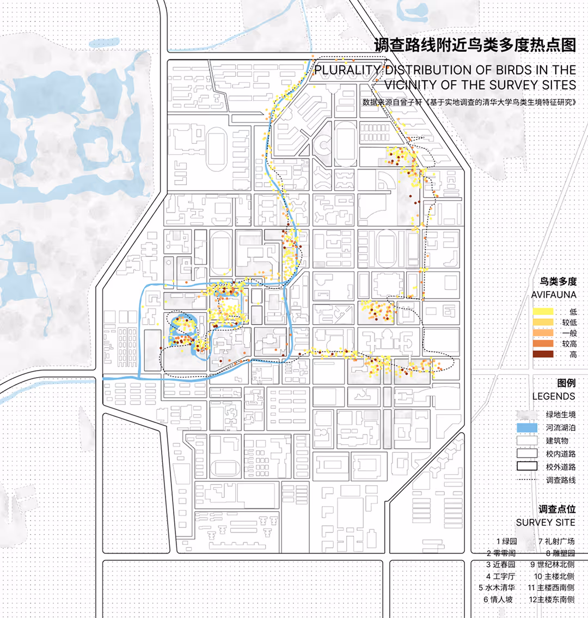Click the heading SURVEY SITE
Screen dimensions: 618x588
point(546,522)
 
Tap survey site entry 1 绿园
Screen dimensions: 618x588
point(506,542)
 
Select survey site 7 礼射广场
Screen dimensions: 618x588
point(556,542)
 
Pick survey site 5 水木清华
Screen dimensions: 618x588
point(497,588)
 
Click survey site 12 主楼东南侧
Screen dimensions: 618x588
point(552,599)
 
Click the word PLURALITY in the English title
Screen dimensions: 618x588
point(347,70)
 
